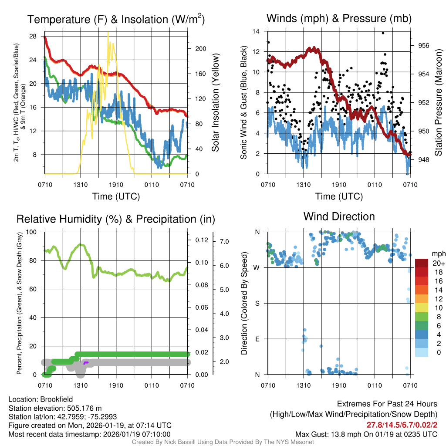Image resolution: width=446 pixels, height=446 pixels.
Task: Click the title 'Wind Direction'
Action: point(339,216)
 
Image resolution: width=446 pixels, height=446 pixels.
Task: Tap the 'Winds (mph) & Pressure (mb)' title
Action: point(339,18)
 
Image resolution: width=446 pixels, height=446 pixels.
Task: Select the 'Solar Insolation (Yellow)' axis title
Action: point(216,103)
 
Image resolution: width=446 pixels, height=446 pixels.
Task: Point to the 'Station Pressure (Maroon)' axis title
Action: point(438,103)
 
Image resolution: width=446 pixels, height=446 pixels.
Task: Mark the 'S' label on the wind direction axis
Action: point(257,303)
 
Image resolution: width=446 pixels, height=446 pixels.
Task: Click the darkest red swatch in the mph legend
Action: point(422,263)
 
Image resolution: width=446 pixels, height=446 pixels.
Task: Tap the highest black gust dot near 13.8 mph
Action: point(383,33)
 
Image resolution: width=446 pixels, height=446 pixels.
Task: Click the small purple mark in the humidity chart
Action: point(86,362)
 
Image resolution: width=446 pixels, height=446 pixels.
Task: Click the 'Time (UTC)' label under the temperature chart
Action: point(116,196)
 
